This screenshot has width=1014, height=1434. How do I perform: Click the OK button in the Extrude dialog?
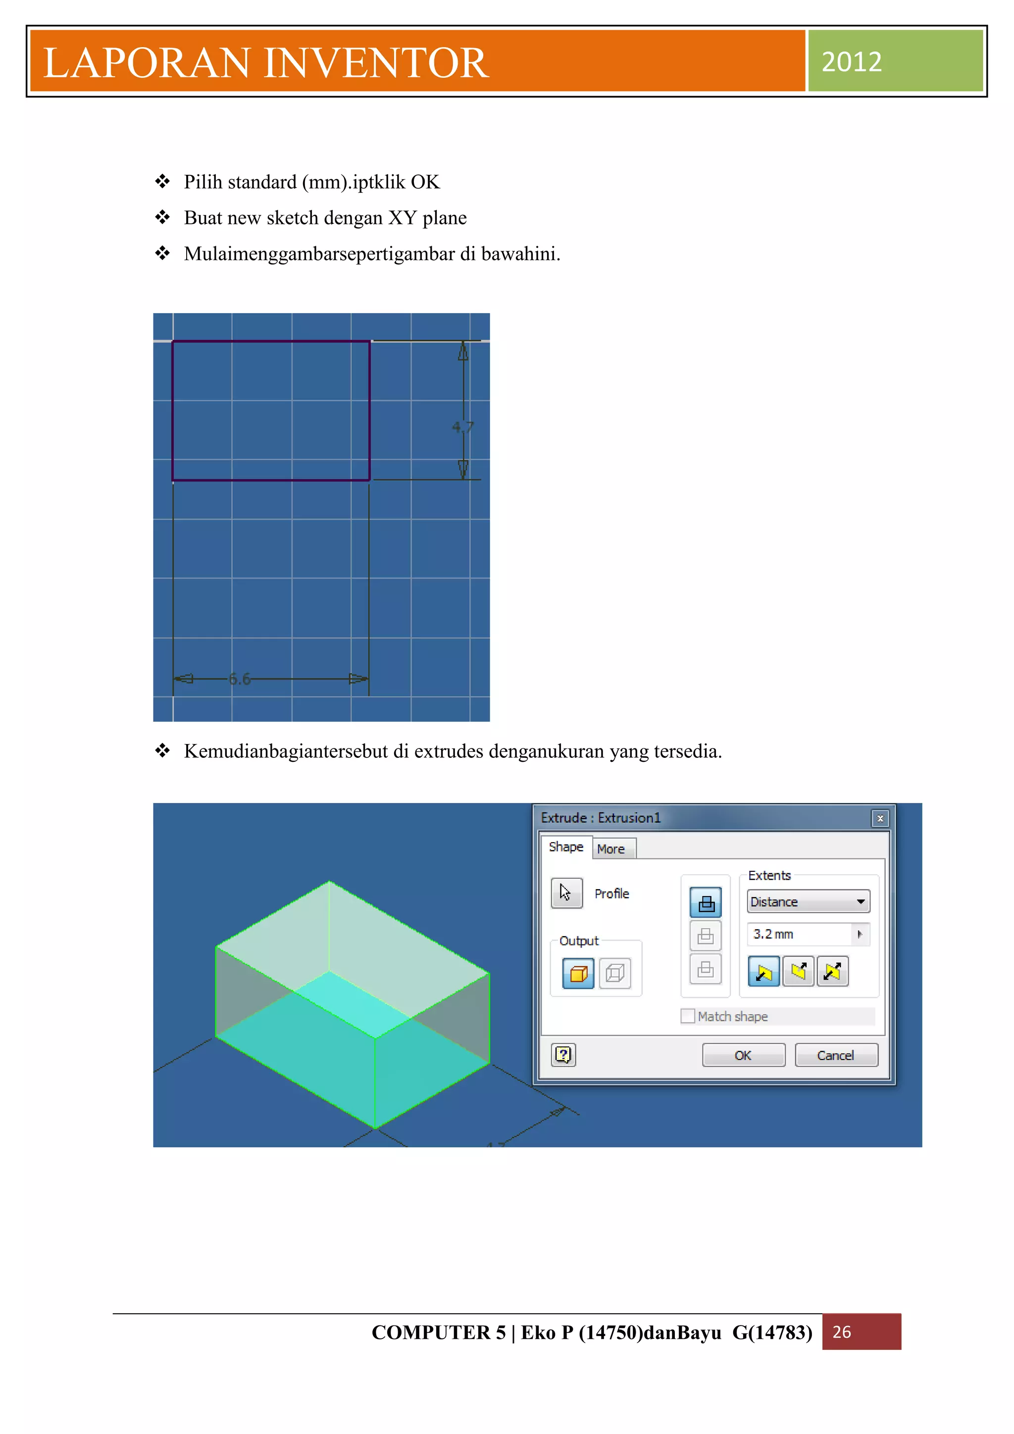click(x=743, y=1055)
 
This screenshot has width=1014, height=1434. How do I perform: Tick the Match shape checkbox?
click(x=687, y=1016)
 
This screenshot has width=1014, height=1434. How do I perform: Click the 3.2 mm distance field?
click(x=799, y=934)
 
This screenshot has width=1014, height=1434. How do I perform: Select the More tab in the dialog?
click(x=611, y=849)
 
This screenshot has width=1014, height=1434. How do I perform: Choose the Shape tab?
click(x=566, y=847)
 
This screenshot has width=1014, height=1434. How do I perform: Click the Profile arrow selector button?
click(x=566, y=893)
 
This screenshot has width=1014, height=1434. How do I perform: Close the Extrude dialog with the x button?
click(x=880, y=818)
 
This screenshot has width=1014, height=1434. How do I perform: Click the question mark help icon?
click(x=563, y=1055)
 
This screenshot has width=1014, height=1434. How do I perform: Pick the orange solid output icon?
click(x=578, y=973)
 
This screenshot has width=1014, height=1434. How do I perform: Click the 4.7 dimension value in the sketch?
click(x=462, y=427)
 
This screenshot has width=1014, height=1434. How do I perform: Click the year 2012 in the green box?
click(x=851, y=62)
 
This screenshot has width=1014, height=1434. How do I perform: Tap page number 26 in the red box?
click(x=841, y=1331)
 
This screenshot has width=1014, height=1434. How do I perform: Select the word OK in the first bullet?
click(x=425, y=182)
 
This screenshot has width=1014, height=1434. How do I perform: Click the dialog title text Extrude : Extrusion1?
click(x=600, y=818)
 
